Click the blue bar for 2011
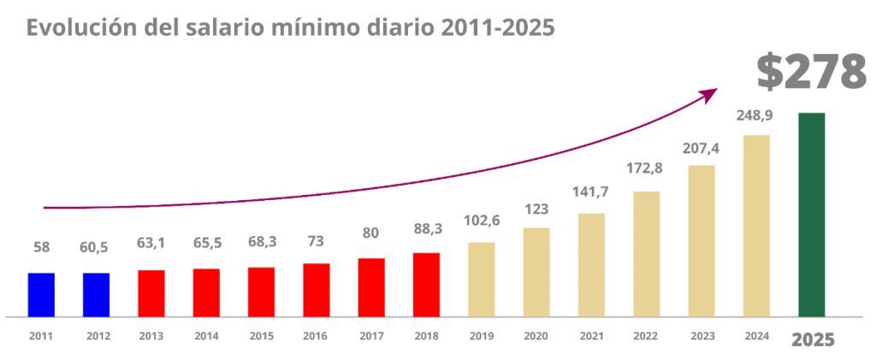[x=41, y=294]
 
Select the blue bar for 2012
[x=96, y=294]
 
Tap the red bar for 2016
[x=316, y=290]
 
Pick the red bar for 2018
[x=426, y=284]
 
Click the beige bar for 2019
[x=481, y=279]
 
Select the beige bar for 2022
[x=646, y=253]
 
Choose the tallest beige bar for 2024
[x=756, y=225]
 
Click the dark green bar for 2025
[x=811, y=214]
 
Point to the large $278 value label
[x=812, y=72]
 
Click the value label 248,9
[x=756, y=116]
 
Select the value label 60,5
[x=96, y=248]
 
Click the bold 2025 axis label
[x=812, y=339]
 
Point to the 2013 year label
[x=151, y=336]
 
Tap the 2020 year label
[x=536, y=336]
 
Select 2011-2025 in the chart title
[x=499, y=27]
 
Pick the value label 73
[x=316, y=243]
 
